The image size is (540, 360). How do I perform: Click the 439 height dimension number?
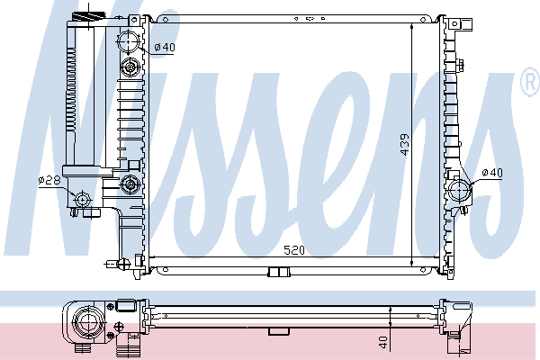point(405,144)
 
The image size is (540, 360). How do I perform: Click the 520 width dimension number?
point(294,250)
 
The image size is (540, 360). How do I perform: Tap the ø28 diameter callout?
point(49,180)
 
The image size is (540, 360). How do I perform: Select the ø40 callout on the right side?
point(492,173)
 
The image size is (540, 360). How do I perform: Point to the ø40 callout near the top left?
point(165,47)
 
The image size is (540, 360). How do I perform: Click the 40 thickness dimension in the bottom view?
point(382,342)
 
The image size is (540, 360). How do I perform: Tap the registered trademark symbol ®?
point(531,82)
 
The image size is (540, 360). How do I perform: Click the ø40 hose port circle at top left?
point(129,41)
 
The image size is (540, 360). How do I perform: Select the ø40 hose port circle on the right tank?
point(460,190)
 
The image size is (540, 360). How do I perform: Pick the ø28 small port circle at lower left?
point(82,199)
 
